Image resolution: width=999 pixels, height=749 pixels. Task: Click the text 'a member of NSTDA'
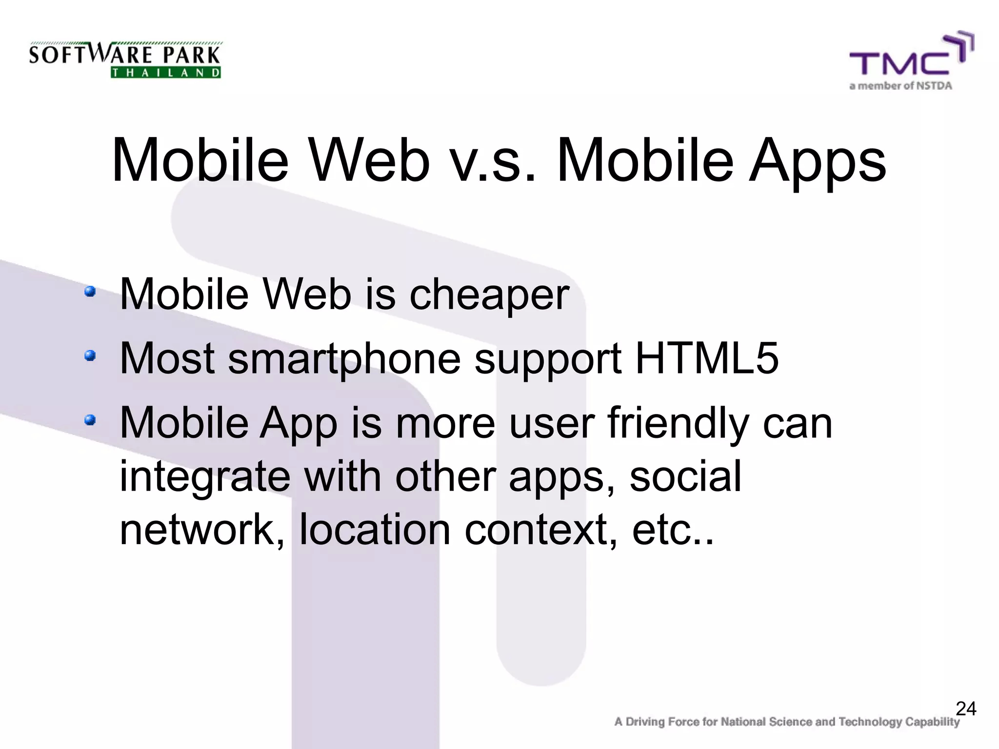(x=900, y=86)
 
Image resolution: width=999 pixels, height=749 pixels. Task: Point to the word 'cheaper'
(x=489, y=295)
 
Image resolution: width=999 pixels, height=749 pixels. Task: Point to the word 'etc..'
(x=673, y=531)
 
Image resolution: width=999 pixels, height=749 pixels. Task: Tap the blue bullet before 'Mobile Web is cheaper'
(x=90, y=292)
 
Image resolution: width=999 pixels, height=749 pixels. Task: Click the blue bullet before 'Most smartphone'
(x=90, y=355)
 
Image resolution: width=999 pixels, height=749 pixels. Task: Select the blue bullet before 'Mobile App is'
(x=90, y=419)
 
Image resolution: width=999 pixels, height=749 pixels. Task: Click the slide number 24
(x=966, y=709)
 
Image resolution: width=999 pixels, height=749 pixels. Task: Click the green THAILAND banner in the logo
(x=166, y=73)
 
